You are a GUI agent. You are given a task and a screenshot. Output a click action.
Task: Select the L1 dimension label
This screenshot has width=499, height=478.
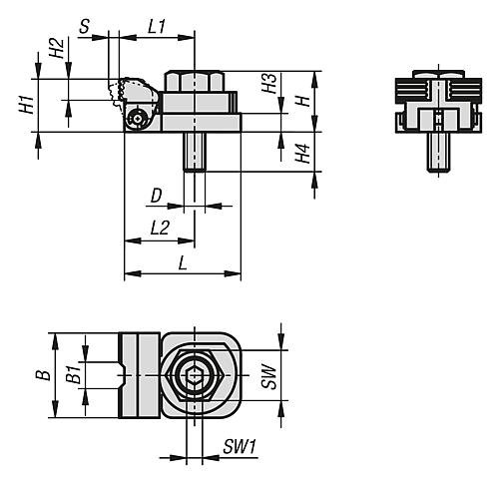point(157,27)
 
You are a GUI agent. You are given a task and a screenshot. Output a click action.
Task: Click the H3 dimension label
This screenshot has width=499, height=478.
point(268,85)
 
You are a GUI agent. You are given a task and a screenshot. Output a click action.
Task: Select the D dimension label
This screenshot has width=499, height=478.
point(157,194)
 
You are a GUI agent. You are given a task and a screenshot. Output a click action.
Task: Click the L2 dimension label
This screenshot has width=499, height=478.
point(159,229)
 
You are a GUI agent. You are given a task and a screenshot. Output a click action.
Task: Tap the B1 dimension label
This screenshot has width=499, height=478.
point(72,375)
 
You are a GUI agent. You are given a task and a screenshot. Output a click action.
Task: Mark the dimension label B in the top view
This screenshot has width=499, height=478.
point(41,375)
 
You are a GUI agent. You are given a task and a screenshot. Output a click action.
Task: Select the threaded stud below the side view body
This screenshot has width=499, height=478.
point(193,151)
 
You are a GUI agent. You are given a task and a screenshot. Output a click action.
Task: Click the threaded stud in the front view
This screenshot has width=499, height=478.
point(435,151)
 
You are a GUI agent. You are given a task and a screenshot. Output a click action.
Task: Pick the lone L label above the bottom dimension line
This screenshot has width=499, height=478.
point(181,261)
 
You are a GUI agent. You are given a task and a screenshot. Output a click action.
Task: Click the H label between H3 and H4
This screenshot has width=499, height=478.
point(303,102)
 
